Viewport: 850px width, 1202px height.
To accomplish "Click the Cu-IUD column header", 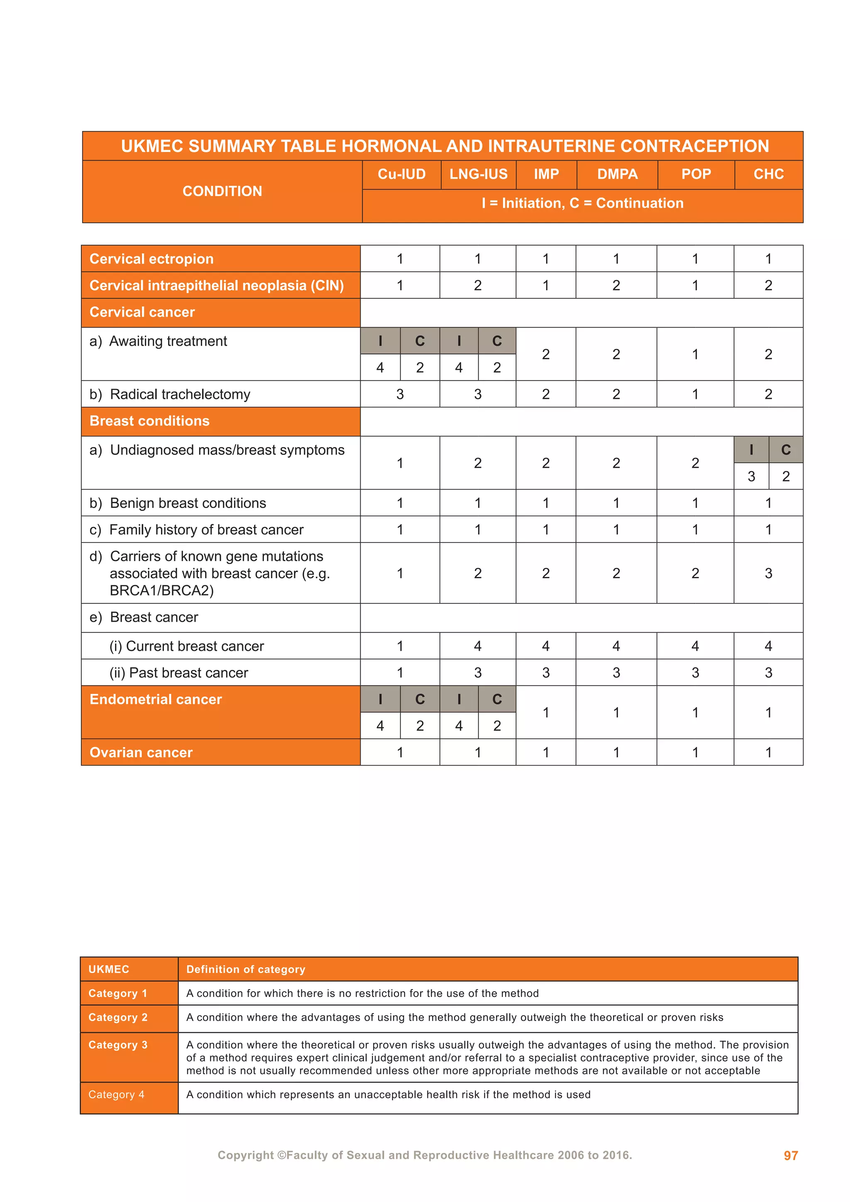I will pyautogui.click(x=401, y=174).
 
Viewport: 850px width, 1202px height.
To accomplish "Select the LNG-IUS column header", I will pyautogui.click(x=479, y=174).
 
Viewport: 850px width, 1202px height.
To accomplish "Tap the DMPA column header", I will pyautogui.click(x=617, y=174).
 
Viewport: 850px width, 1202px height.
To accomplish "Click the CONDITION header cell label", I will pyautogui.click(x=222, y=191).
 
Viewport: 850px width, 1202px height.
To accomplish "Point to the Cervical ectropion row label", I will pyautogui.click(x=151, y=259).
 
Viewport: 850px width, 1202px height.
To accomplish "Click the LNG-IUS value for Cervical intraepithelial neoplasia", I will pyautogui.click(x=477, y=285).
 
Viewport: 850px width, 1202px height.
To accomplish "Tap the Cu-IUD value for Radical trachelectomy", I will pyautogui.click(x=400, y=394).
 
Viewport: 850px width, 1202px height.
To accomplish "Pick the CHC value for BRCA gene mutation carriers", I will pyautogui.click(x=768, y=573).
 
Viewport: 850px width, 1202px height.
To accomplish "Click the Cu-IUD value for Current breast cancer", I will pyautogui.click(x=400, y=646).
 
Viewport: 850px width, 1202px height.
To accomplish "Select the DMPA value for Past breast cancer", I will pyautogui.click(x=616, y=673).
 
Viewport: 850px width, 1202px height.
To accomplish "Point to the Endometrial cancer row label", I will pyautogui.click(x=156, y=699).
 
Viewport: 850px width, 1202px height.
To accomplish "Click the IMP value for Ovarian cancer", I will pyautogui.click(x=545, y=752).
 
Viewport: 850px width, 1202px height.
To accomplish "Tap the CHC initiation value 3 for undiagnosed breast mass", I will pyautogui.click(x=751, y=476).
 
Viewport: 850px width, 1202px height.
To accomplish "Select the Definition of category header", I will pyautogui.click(x=245, y=969).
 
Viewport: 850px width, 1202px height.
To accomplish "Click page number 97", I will pyautogui.click(x=790, y=1156).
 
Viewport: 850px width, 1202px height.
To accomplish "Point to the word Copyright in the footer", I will pyautogui.click(x=245, y=1155).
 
